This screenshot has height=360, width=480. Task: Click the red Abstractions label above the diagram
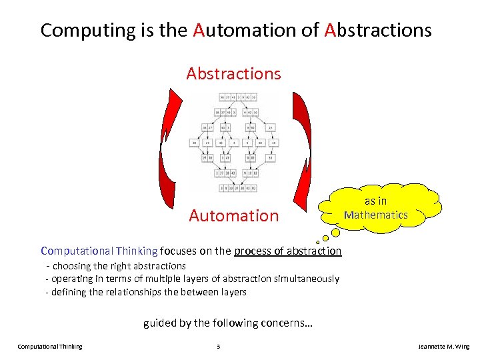[233, 73]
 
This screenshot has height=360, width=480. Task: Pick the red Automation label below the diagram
[233, 215]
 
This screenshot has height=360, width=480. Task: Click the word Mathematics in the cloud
[375, 215]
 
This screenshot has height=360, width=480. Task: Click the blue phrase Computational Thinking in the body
[99, 251]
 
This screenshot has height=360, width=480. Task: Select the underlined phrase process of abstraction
[287, 251]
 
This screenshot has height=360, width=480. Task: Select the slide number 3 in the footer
[218, 347]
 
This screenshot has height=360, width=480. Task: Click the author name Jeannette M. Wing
[443, 347]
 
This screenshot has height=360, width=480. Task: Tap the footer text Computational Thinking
[50, 347]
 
